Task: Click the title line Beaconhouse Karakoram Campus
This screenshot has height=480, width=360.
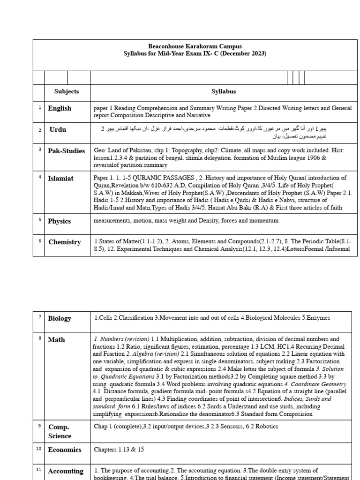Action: point(195,46)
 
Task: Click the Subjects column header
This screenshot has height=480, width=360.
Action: point(67,92)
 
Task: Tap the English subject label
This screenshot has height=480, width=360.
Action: point(60,108)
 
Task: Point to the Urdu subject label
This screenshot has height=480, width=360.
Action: point(58,130)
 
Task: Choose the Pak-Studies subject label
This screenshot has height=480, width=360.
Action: point(67,151)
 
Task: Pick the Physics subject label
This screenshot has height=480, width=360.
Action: point(60,221)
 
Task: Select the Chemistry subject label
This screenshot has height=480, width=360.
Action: point(65,242)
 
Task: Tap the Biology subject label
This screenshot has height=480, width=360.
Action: point(60,318)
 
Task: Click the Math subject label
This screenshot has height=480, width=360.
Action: point(56,339)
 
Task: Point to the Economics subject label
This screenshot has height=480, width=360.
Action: point(65,450)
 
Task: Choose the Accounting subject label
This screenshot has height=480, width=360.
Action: point(66,471)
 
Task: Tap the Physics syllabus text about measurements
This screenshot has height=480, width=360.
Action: point(186,220)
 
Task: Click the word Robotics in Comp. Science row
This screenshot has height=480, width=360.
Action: point(264,427)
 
